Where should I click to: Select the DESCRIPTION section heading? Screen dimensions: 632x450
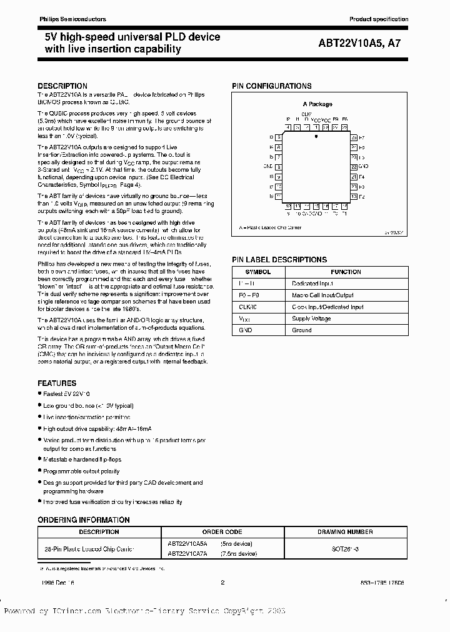point(62,86)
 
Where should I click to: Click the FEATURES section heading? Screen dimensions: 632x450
point(57,383)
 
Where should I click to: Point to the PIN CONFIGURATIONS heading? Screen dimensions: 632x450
point(271,86)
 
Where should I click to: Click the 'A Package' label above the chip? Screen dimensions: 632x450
point(317,104)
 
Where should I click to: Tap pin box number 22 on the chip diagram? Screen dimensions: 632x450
point(354,167)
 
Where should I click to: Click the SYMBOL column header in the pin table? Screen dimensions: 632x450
point(257,272)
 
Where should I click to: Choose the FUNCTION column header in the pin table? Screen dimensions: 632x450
point(346,272)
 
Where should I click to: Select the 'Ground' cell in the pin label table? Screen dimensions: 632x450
point(301,330)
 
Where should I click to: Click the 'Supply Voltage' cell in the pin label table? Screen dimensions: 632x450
point(311,318)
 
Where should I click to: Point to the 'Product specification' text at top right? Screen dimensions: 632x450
point(379,19)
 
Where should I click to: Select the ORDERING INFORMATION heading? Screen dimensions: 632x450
point(84,520)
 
